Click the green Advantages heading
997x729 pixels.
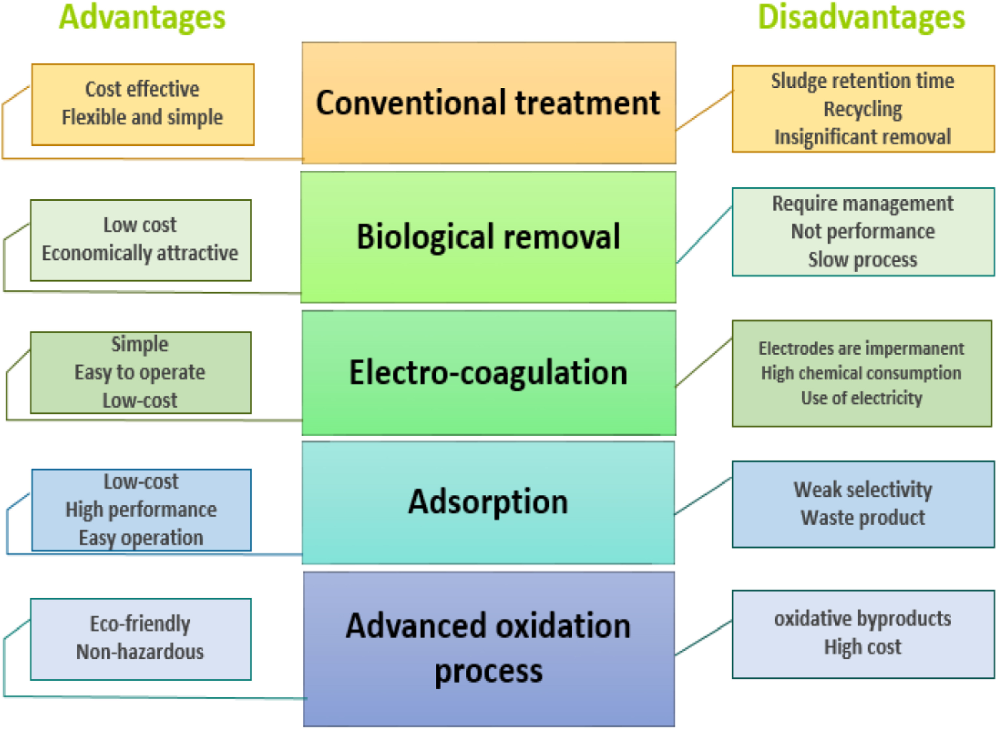click(142, 18)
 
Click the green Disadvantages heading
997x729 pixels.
click(861, 18)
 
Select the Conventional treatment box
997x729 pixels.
click(489, 103)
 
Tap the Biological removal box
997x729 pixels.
click(488, 237)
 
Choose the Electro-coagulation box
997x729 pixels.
click(489, 373)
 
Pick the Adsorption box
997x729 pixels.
click(488, 503)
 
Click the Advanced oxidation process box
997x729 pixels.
click(489, 649)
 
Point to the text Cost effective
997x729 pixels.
click(142, 89)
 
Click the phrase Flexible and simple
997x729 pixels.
click(142, 117)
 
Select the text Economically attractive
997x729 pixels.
click(140, 253)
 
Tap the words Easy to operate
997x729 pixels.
click(140, 372)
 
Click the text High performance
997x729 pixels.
click(141, 510)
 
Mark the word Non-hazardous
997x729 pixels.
click(140, 652)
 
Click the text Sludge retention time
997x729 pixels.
click(862, 81)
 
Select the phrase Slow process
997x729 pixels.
click(862, 259)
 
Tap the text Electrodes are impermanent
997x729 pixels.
click(861, 348)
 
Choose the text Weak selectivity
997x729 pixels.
click(863, 489)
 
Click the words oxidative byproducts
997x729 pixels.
click(862, 619)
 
